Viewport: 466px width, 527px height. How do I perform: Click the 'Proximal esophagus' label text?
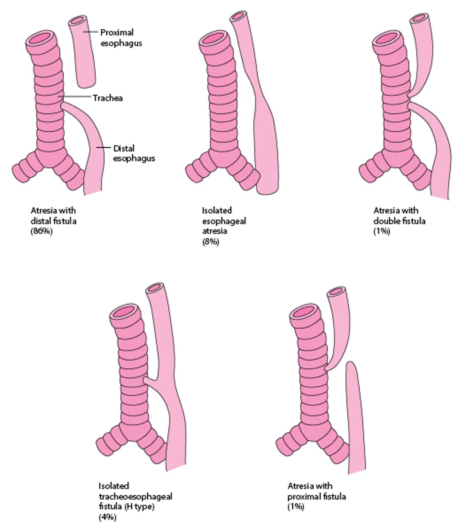coord(121,38)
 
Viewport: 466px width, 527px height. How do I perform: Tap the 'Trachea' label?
coord(108,98)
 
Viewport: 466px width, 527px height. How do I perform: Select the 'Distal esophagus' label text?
coord(134,153)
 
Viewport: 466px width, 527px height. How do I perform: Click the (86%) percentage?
coord(41,231)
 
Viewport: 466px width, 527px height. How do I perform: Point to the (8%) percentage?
coord(211,242)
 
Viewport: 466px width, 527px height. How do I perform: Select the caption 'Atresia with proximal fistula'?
coord(316,491)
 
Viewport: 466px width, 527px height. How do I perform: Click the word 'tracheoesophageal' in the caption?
coord(135,496)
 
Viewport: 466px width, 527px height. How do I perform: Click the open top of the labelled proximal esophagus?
coord(78,20)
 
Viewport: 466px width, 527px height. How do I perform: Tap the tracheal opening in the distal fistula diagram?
coord(40,38)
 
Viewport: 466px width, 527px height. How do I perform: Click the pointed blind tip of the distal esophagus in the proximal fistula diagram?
coord(350,363)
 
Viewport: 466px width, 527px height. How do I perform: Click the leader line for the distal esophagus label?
coord(104,148)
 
